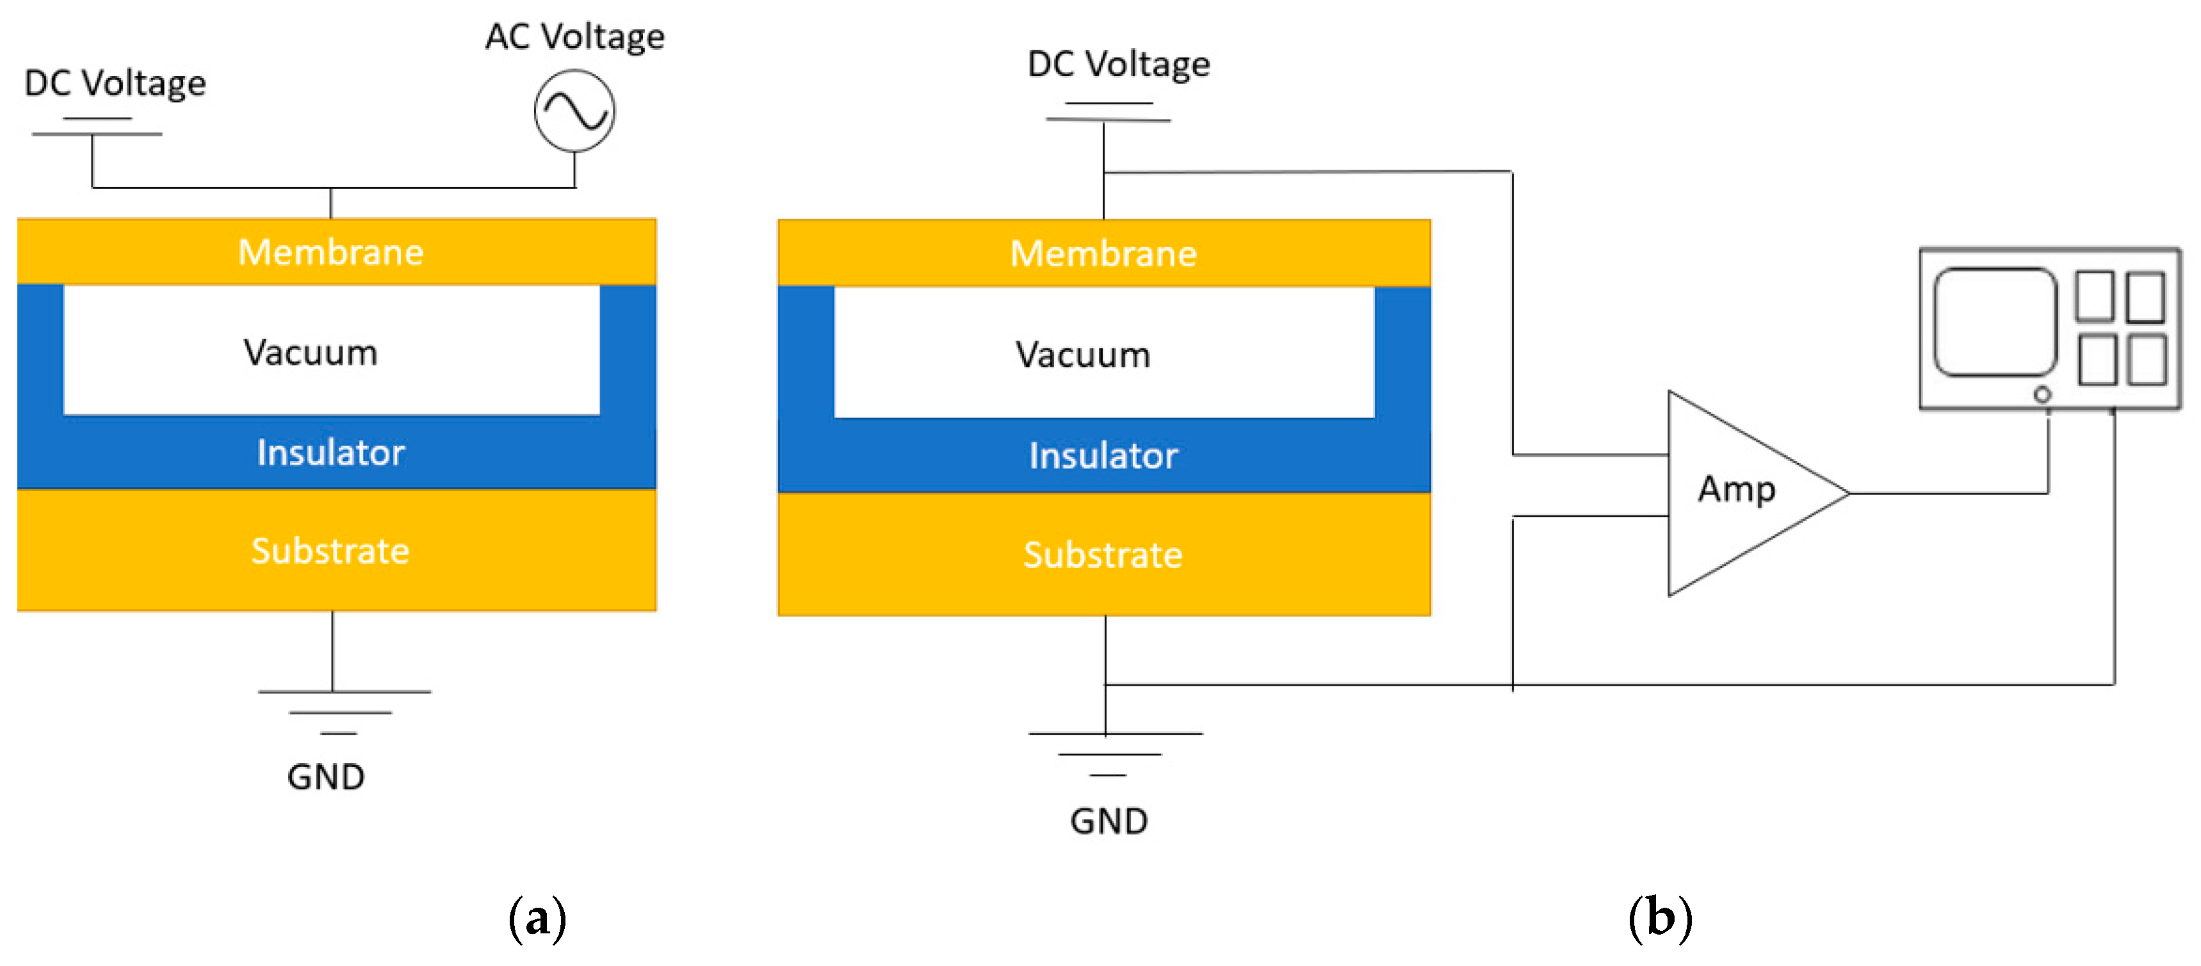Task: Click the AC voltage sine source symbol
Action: pos(574,111)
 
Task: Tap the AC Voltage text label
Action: pos(574,36)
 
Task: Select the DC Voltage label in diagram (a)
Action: pos(115,83)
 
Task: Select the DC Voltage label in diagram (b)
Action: pos(1119,64)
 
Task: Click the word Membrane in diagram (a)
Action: pos(330,252)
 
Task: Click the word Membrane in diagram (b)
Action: pos(1103,254)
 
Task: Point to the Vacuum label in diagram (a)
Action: pos(310,353)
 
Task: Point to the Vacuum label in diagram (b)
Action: pos(1082,355)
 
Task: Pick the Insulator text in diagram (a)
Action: pos(330,453)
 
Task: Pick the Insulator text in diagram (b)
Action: pos(1103,455)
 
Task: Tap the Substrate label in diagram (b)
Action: pos(1103,555)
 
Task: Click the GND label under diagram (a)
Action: pos(325,777)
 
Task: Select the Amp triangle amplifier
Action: pos(1739,492)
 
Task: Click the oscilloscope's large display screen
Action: pos(1994,322)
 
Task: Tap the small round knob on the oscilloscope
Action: pos(2042,394)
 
